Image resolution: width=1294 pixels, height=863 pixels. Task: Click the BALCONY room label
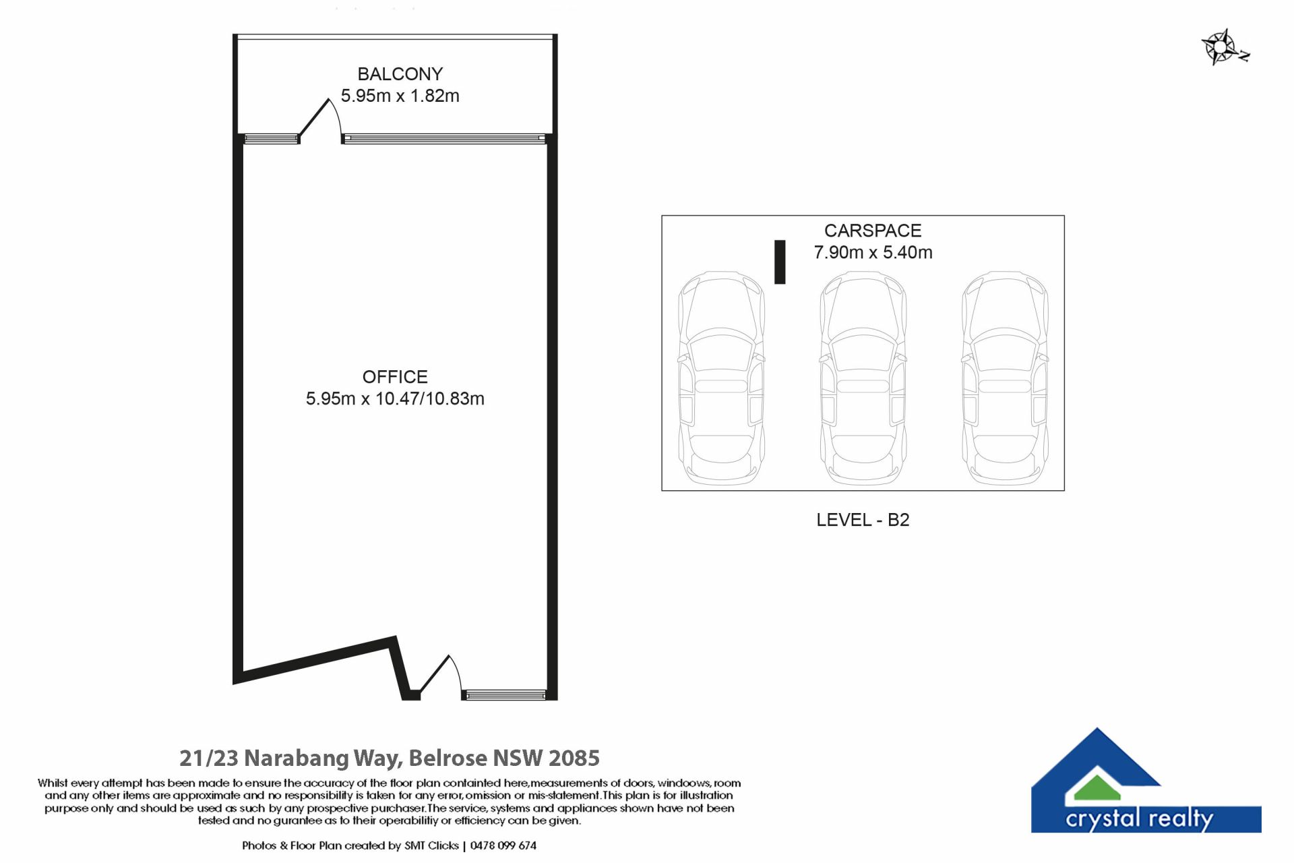pos(400,73)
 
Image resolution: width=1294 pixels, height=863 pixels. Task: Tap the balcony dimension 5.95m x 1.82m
pos(400,96)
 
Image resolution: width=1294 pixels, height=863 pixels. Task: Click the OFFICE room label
pos(395,377)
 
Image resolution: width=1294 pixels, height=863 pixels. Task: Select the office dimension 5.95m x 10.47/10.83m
pos(395,398)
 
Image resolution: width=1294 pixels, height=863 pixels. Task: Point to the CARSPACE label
pos(873,231)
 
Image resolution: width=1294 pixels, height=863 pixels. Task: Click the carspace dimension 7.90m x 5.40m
pos(873,252)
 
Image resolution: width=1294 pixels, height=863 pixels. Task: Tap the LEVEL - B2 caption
pos(863,520)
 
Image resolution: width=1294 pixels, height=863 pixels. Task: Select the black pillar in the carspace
pos(780,262)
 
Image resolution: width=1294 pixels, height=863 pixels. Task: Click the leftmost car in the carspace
pos(722,378)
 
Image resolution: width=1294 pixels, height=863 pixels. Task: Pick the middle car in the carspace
pos(863,378)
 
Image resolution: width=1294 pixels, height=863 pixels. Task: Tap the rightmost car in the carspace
pos(1005,378)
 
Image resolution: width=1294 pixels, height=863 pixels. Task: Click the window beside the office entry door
pos(505,695)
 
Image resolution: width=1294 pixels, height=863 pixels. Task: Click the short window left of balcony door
pos(271,139)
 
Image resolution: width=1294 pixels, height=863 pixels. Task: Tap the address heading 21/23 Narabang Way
pos(389,758)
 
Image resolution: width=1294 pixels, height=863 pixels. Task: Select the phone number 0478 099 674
pos(503,845)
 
